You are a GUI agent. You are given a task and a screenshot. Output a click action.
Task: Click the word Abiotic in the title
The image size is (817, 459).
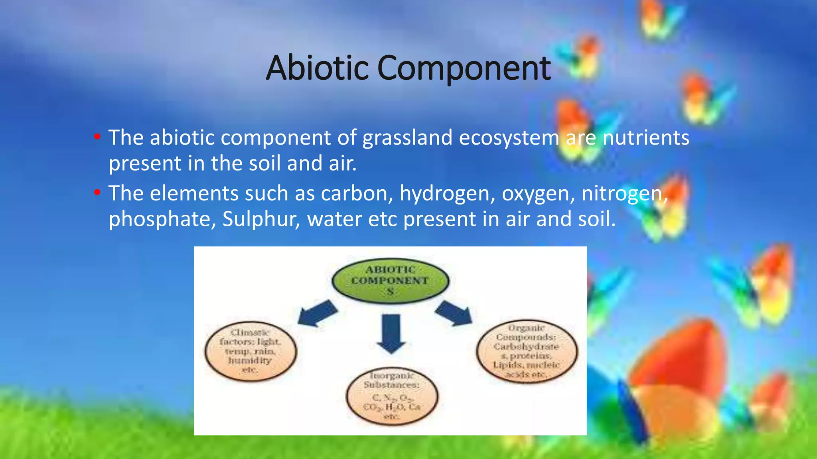317,68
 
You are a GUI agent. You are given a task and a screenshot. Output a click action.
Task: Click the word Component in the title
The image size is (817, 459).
464,69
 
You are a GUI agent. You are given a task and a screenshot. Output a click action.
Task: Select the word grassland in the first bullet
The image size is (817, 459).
407,138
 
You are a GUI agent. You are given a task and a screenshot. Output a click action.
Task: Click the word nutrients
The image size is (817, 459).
646,138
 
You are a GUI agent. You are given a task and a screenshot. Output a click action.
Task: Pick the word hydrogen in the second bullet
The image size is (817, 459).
447,194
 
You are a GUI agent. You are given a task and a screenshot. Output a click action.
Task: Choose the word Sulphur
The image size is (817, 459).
261,219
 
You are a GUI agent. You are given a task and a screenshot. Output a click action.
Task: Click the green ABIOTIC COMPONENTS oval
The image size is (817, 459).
390,280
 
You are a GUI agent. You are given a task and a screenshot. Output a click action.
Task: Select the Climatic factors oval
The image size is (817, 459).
251,351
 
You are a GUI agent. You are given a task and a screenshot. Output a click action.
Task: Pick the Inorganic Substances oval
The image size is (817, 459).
392,396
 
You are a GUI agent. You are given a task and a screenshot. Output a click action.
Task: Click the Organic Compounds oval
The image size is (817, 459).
527,351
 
